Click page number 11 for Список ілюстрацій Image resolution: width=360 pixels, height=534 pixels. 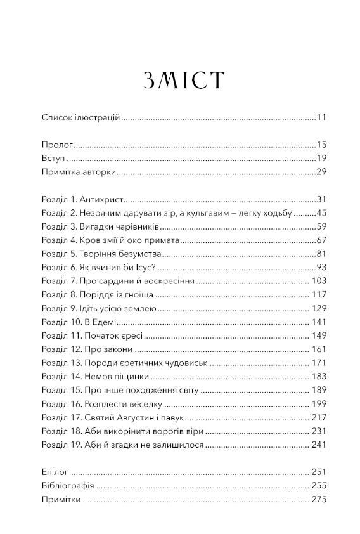321,117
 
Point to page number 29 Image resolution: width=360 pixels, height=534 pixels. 321,172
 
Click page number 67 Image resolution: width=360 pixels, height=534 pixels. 321,240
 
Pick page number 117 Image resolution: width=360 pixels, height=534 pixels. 318,295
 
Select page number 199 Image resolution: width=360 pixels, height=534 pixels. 318,404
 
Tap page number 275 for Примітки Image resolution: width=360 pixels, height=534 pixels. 318,500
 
